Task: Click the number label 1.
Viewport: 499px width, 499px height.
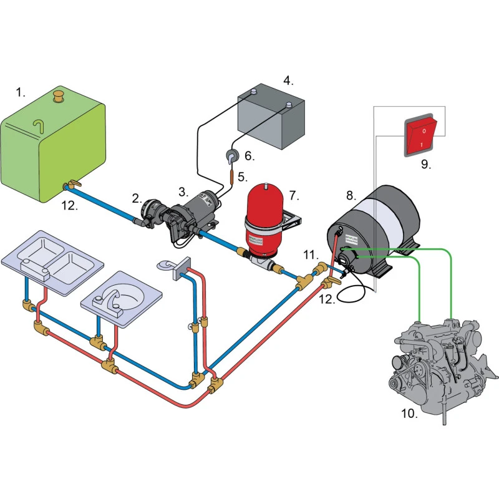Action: [x=21, y=92]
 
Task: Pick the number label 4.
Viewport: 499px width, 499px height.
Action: [x=288, y=80]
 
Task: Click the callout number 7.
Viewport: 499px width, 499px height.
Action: [x=294, y=195]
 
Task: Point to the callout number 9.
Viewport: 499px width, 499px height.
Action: [x=425, y=165]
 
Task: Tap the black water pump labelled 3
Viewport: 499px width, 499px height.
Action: [x=187, y=215]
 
